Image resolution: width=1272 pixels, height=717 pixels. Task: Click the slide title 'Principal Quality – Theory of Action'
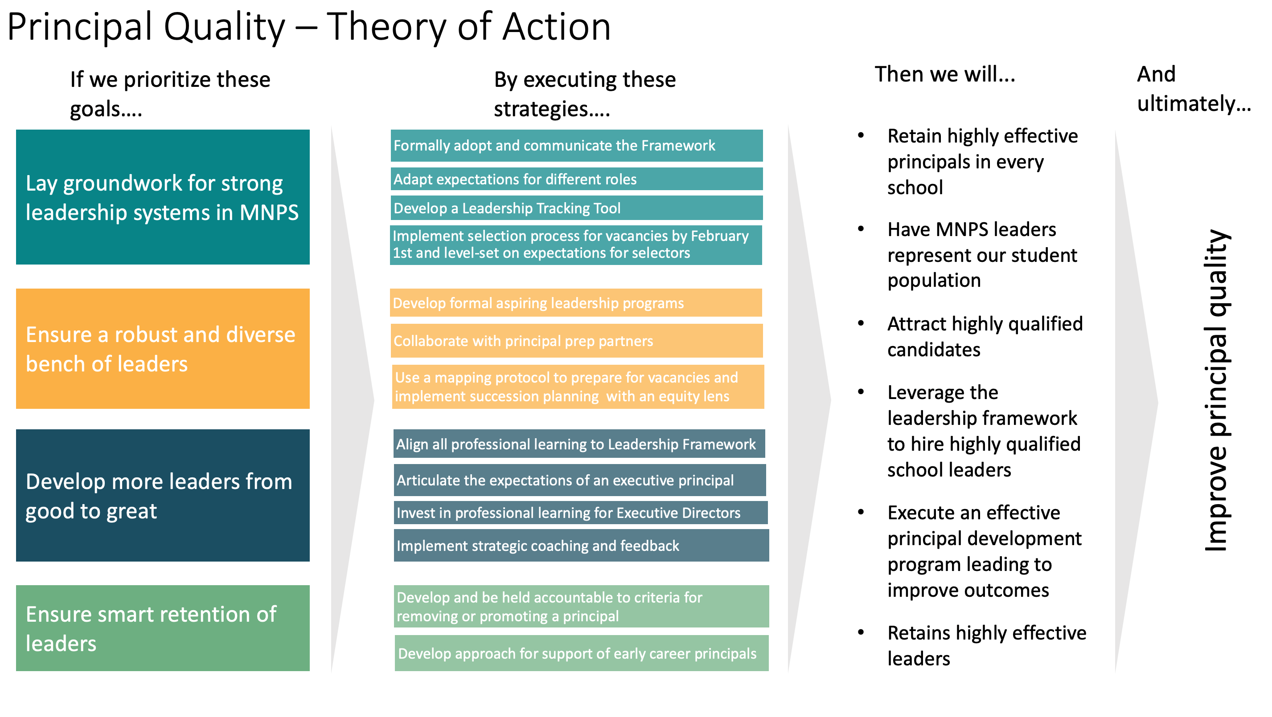point(309,27)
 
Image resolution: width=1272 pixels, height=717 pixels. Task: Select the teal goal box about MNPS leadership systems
point(163,197)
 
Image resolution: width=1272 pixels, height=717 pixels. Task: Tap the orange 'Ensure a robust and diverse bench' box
point(163,348)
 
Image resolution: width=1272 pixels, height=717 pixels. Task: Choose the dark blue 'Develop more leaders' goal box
point(163,495)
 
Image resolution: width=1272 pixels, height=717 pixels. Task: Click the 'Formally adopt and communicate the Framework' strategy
point(576,146)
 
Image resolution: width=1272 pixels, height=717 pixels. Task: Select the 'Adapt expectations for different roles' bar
point(576,179)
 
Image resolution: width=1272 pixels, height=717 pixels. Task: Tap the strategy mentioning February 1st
point(576,245)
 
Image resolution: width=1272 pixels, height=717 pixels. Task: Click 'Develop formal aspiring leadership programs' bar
point(576,302)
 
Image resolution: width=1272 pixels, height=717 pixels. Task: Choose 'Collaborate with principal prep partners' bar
point(576,341)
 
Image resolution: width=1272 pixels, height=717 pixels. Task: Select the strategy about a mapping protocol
point(578,387)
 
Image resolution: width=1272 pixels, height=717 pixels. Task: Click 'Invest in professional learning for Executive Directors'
point(581,513)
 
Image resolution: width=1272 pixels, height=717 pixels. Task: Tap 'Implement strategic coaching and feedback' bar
point(581,545)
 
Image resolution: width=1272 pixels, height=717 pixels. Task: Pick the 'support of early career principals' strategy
point(582,653)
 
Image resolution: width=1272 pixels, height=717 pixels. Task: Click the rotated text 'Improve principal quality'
point(1217,390)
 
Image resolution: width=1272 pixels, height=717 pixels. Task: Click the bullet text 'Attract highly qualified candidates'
point(985,337)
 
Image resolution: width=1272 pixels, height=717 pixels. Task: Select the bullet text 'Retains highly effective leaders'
point(987,645)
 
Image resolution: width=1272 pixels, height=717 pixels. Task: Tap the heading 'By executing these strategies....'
point(585,94)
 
